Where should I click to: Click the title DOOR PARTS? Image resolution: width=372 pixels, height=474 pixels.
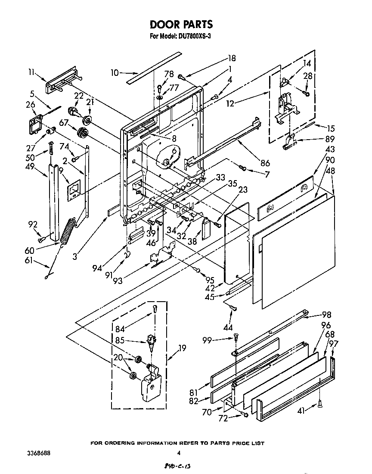(181, 24)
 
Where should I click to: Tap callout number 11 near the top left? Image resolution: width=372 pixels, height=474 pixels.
(31, 73)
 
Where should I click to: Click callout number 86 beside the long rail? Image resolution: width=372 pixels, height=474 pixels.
(265, 163)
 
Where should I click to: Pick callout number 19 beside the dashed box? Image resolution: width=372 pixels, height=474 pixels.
(182, 348)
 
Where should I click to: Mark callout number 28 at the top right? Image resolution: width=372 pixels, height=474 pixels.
(308, 76)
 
